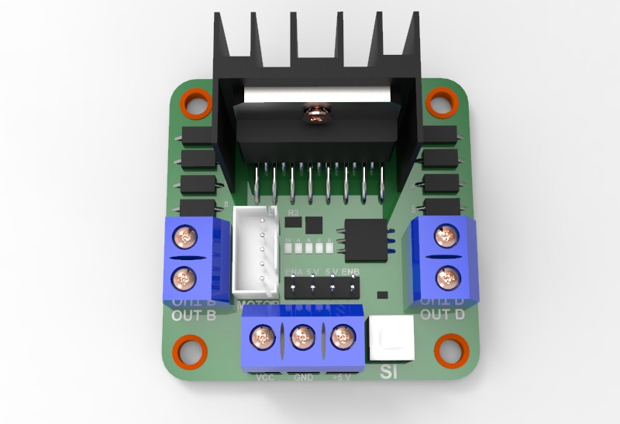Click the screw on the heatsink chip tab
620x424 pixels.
315,117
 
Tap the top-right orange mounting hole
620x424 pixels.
441,101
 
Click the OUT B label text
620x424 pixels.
193,315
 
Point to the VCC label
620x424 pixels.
264,378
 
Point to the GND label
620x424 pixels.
303,378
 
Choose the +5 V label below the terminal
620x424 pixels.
341,378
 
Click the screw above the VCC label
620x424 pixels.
262,338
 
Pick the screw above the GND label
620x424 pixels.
302,338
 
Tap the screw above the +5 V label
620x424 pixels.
342,337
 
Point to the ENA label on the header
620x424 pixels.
294,271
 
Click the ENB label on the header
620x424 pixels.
349,271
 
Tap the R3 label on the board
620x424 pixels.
293,212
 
